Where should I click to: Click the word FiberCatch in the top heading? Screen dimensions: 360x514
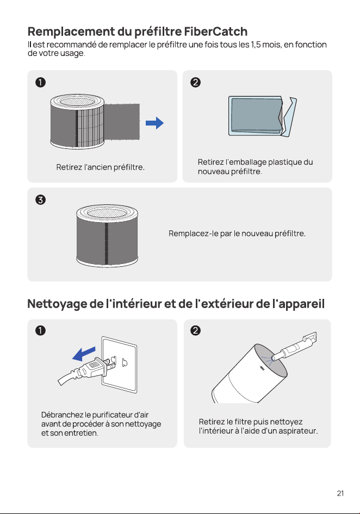tap(215, 32)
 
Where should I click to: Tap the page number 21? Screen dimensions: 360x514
tap(340, 493)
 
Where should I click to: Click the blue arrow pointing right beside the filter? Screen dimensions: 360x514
tap(154, 123)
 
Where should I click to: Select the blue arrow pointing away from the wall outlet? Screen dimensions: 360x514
tap(84, 354)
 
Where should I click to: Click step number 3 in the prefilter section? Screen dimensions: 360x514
tap(40, 199)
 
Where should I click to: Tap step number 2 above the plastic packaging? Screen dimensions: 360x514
tap(195, 82)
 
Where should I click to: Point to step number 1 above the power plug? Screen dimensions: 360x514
tap(40, 330)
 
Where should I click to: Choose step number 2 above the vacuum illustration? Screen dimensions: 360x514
tap(195, 330)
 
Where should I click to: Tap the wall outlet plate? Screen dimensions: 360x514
tap(120, 365)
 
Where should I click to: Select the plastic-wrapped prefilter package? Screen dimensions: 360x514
tap(263, 116)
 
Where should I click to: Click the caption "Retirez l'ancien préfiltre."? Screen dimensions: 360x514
tap(101, 167)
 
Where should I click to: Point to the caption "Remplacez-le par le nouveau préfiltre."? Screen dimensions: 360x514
tap(237, 234)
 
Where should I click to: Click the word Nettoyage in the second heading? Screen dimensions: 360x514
tap(58, 304)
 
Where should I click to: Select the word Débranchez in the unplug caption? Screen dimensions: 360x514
tap(62, 415)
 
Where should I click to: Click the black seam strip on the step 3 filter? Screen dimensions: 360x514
tap(107, 244)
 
